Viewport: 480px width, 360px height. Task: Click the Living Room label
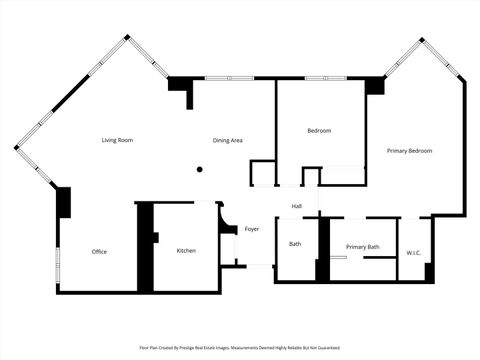117,140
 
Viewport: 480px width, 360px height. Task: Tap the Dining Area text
228,140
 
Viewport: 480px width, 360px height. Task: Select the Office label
99,251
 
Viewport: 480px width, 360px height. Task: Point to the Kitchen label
186,250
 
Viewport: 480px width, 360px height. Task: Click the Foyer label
252,229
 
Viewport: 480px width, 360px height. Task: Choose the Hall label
297,206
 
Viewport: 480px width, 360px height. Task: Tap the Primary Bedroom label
410,150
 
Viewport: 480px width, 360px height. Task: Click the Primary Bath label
362,246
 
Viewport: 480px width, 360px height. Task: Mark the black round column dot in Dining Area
199,169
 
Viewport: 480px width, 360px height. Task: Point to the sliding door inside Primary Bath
339,259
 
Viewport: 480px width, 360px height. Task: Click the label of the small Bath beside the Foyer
295,244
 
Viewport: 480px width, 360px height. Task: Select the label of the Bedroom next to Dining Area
319,131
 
